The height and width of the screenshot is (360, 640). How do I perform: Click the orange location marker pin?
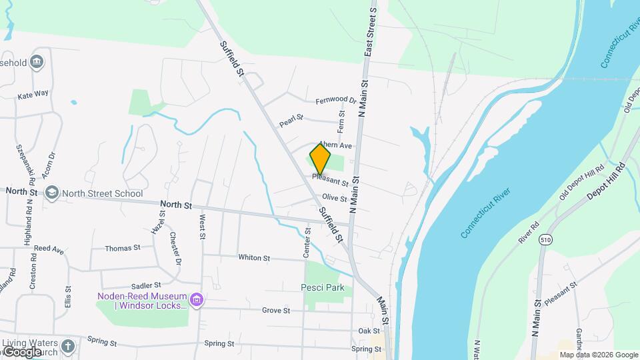coord(320,159)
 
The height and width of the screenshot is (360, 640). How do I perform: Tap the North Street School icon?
coord(51,193)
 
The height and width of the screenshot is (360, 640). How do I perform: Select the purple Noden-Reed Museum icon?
coord(196,299)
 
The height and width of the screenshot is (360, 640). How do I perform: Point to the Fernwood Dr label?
coord(336,101)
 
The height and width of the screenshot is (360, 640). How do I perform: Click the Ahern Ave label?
coord(335,145)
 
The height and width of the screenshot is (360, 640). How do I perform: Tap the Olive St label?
coord(335,198)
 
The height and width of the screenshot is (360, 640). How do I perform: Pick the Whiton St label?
coord(253,257)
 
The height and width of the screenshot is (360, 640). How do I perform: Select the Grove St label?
coord(275,311)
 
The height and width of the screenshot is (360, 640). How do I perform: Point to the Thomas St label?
coord(123,248)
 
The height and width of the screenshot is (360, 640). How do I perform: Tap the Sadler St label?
coord(147,285)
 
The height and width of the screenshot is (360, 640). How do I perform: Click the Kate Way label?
coord(33,95)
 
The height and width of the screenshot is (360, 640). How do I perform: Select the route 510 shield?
coord(547,239)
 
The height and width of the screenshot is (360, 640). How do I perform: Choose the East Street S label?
coord(369,33)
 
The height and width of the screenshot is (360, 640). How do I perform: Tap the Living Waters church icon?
coord(68,346)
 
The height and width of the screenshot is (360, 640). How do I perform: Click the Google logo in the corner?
coord(22,351)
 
